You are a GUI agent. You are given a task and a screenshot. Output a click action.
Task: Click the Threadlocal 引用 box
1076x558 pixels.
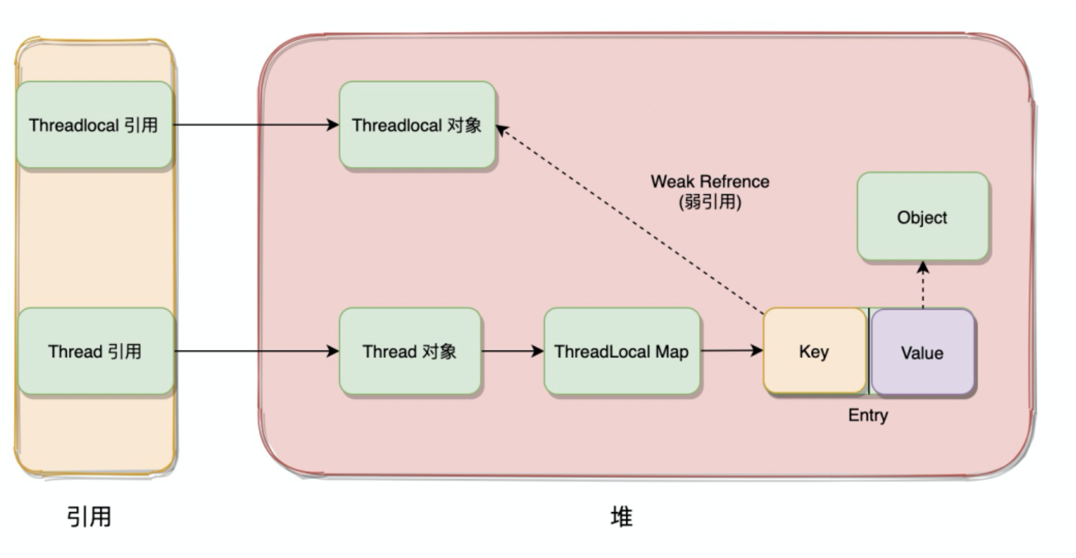[x=94, y=125]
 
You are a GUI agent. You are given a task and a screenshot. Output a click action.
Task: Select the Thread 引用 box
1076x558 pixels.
[x=95, y=352]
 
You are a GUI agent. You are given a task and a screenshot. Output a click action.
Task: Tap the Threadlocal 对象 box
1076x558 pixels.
[x=417, y=125]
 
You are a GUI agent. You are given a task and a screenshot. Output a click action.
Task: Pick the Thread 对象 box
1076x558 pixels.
[x=410, y=352]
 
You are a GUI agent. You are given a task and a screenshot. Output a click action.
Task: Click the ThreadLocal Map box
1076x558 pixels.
[x=621, y=352]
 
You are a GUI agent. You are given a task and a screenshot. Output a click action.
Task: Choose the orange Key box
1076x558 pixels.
[x=814, y=352]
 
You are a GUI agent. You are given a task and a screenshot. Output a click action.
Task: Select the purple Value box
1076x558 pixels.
[x=922, y=353]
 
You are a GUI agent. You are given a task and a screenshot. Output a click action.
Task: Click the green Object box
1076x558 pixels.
[x=922, y=217]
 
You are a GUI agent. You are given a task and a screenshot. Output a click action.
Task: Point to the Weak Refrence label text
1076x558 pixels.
[x=709, y=181]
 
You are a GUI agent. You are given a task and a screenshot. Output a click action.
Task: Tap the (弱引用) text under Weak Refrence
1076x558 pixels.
[x=709, y=202]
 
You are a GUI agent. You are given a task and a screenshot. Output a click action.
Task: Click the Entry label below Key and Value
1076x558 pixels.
[x=867, y=415]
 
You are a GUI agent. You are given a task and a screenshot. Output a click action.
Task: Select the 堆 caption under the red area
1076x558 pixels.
[x=621, y=516]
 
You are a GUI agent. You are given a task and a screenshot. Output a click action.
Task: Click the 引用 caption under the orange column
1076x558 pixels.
[x=89, y=516]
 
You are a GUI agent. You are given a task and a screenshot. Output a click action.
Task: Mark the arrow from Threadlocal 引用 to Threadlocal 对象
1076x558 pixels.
[x=256, y=124]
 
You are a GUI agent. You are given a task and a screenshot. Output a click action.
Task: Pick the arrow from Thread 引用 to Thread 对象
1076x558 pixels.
[x=256, y=351]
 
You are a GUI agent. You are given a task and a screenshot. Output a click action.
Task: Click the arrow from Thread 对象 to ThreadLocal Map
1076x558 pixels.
[x=511, y=351]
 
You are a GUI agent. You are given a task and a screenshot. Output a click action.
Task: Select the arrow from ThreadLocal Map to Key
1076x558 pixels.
[x=730, y=350]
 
